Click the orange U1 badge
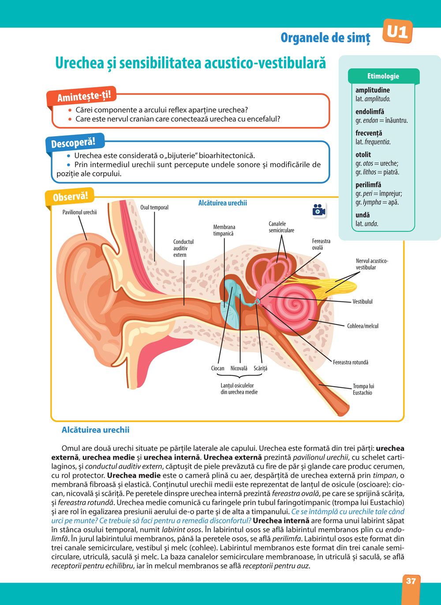(397, 32)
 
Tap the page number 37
(411, 581)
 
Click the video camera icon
(318, 210)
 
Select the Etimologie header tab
(383, 76)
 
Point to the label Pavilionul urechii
(79, 212)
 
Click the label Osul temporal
(154, 208)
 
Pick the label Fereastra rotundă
(351, 362)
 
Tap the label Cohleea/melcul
(363, 326)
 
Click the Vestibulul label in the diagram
(363, 302)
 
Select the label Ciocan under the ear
(217, 368)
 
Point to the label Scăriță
(260, 368)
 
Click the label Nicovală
(239, 368)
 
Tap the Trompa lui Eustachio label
(363, 390)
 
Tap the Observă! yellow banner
(70, 197)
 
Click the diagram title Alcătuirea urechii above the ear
(222, 203)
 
